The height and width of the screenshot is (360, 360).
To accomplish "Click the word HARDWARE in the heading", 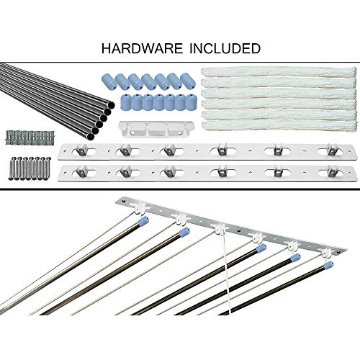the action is [142, 48].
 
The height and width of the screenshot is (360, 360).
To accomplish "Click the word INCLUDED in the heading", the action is [225, 48].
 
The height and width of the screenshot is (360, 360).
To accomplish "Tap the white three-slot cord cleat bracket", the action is [156, 130].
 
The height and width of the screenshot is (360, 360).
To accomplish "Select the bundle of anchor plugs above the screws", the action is [30, 138].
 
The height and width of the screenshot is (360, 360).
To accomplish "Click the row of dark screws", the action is [30, 168].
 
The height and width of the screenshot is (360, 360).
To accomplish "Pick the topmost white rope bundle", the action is [279, 72].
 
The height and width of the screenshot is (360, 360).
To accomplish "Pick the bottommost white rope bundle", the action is [279, 126].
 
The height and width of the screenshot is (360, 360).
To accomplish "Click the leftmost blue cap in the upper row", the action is [109, 81].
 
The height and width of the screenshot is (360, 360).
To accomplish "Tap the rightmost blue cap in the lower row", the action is [192, 102].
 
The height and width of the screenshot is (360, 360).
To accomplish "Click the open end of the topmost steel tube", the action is [111, 105].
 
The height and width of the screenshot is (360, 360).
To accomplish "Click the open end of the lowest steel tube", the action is [91, 137].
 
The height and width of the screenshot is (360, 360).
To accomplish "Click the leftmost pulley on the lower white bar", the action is [81, 171].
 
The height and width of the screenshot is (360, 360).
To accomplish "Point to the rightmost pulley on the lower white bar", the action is [332, 171].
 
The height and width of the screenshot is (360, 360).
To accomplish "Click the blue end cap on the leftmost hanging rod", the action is [143, 221].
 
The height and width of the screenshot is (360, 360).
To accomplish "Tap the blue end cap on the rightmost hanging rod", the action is [328, 265].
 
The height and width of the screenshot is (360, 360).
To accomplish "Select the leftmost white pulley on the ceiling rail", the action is [139, 207].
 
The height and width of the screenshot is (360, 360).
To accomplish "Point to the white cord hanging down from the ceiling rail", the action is [225, 271].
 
